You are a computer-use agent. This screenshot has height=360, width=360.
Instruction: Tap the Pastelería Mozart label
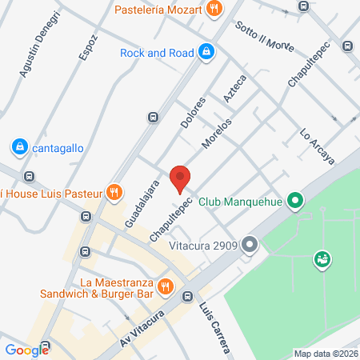[160, 10]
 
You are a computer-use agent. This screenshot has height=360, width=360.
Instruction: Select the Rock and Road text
[157, 53]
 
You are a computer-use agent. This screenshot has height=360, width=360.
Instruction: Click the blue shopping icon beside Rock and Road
[206, 52]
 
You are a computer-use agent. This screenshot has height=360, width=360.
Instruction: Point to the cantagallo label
[57, 147]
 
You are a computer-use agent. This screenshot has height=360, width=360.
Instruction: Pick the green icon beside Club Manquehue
[295, 201]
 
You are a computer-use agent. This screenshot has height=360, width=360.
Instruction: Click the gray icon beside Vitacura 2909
[250, 243]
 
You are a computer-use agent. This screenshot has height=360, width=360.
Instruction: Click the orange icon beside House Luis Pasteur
[115, 192]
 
